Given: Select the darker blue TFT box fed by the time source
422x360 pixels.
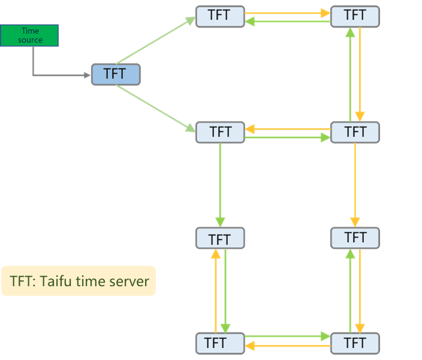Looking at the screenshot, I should coord(116,74).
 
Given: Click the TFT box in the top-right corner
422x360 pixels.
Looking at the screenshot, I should coord(355,16).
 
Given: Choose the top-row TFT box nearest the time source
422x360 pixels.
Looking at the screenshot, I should coord(220,16).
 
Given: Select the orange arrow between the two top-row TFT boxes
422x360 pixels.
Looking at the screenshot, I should coord(288,11).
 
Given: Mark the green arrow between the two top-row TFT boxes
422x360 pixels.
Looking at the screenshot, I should coord(288,22).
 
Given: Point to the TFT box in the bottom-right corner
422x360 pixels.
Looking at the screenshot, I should coord(355,343).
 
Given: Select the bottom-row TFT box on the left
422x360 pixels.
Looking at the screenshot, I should coord(220,343).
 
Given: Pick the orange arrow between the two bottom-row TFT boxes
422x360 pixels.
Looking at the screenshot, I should coord(288,347).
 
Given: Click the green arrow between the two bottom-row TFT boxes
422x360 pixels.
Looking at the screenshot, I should coord(288,337).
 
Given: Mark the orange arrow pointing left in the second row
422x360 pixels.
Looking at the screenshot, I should coord(288,128).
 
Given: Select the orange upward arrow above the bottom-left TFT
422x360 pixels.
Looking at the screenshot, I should coord(215,291).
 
